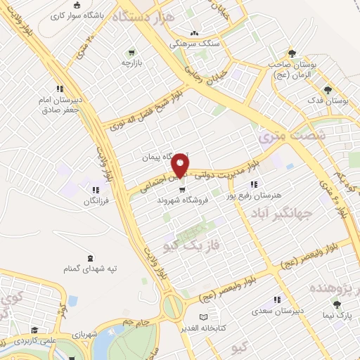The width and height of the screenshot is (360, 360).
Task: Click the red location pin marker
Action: pos(180,165)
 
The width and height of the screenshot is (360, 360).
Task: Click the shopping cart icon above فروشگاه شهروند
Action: pos(182,188)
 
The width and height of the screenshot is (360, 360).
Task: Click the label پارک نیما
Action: pos(338,316)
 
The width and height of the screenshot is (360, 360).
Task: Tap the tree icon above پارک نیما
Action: pos(337,305)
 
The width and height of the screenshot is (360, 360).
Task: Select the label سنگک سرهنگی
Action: pos(194,44)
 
